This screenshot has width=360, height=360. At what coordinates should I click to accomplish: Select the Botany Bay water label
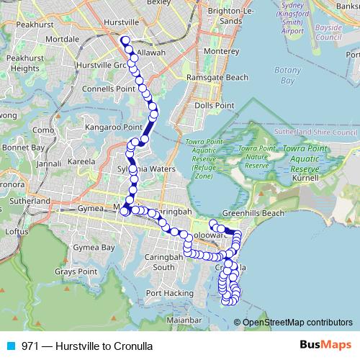[x=284, y=76]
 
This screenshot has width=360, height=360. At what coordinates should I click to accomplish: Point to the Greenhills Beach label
[x=253, y=213]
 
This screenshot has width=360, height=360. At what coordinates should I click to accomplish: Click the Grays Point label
[x=75, y=272]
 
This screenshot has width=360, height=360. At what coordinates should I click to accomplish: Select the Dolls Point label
[x=215, y=105]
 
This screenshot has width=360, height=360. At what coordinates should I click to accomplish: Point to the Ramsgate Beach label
[x=218, y=78]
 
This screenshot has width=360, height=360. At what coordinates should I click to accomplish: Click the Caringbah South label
[x=174, y=261]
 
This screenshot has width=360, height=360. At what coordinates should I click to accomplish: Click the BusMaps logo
[x=321, y=345]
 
